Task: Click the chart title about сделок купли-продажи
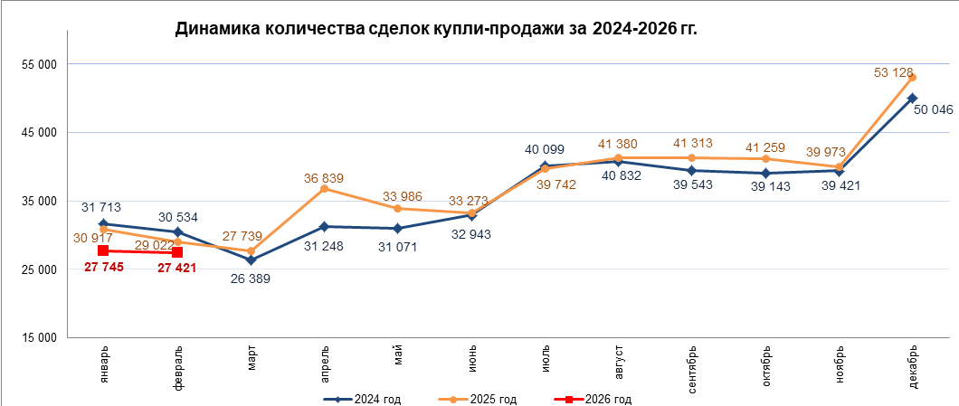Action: (436, 29)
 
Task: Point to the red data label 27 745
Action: (104, 268)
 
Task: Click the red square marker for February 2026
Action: (177, 252)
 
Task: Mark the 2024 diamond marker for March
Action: (251, 260)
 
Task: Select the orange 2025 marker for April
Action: (325, 188)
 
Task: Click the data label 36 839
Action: (325, 178)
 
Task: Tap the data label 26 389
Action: (251, 279)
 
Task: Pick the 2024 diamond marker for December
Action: (912, 98)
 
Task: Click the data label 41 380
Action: (618, 144)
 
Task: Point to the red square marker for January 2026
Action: (103, 250)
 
